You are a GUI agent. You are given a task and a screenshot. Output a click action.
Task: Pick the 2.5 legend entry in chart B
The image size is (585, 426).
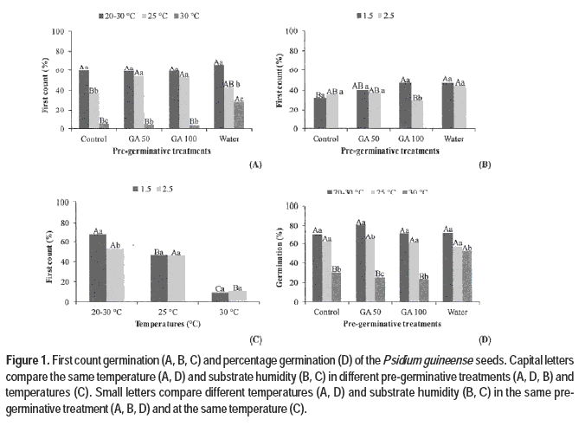click(x=403, y=16)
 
